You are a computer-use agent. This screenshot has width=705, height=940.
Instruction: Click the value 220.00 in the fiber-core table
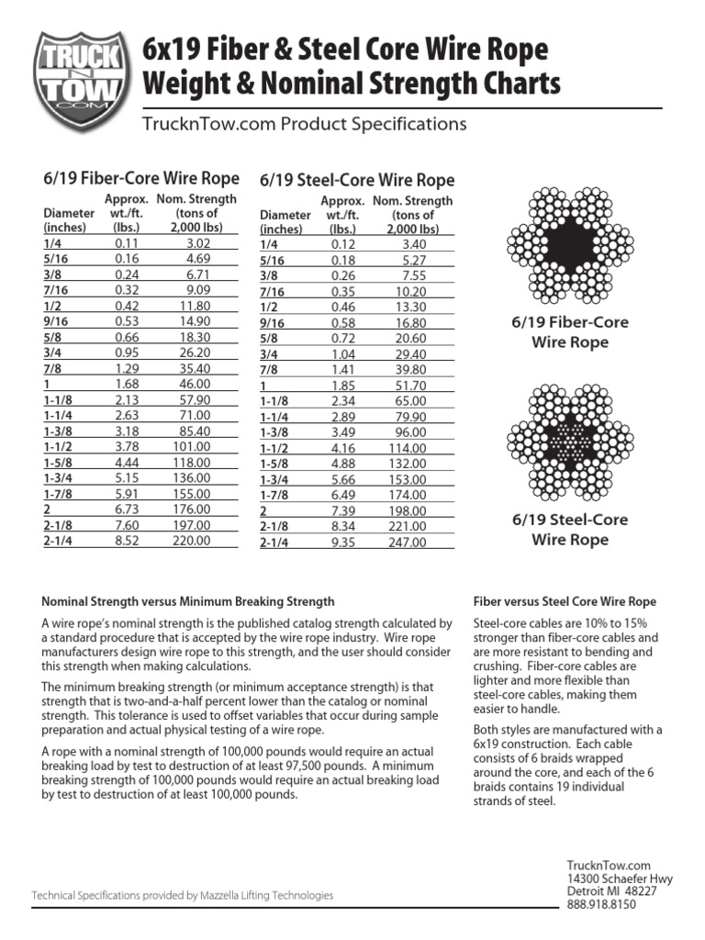[192, 541]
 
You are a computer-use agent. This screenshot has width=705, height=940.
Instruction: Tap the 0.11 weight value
[126, 244]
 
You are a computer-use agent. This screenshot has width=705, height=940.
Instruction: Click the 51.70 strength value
[409, 386]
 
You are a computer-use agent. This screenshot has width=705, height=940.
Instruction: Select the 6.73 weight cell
[126, 510]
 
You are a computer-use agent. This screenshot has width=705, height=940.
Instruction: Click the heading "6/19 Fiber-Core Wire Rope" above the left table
[141, 178]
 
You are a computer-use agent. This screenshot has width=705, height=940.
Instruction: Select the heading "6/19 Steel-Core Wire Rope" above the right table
[357, 180]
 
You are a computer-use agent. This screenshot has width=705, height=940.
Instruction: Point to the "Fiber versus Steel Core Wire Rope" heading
[565, 602]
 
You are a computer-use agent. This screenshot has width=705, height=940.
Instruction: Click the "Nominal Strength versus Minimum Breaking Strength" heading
[188, 602]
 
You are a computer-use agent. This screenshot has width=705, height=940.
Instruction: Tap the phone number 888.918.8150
[601, 904]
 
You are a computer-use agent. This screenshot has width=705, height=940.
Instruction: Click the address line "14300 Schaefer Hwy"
[620, 878]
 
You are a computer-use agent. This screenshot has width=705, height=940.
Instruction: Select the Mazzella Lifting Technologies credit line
[183, 895]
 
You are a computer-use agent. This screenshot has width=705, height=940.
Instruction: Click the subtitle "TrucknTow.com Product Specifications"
[304, 124]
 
